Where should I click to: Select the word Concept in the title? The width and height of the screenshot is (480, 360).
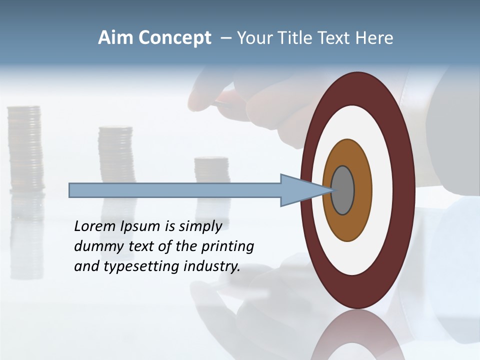(174, 38)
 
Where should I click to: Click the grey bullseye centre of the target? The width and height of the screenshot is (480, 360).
(342, 190)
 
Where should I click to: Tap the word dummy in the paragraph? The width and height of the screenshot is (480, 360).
(95, 246)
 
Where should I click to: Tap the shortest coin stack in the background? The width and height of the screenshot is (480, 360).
(211, 170)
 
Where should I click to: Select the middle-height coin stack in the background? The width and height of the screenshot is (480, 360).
(116, 155)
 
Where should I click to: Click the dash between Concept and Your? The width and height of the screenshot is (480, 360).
(225, 38)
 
